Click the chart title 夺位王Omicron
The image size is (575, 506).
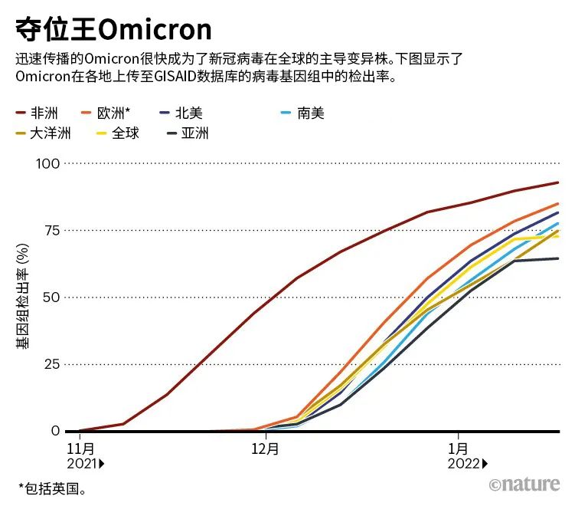[113, 29]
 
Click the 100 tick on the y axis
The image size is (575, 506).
[47, 163]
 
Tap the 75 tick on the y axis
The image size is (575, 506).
[51, 230]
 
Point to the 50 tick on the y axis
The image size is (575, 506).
[51, 297]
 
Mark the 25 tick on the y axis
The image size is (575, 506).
[51, 363]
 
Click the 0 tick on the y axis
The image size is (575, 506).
[55, 431]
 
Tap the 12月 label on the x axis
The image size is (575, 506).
[265, 449]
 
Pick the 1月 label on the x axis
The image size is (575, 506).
[459, 449]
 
